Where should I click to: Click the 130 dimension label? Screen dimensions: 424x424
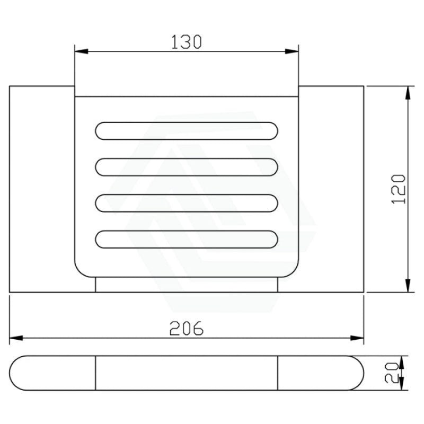click(x=187, y=42)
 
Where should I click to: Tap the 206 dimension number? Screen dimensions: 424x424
click(x=187, y=328)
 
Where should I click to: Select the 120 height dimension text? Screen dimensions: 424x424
click(x=399, y=189)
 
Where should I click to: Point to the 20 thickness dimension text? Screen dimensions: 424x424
click(x=392, y=373)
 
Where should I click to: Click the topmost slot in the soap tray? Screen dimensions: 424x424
click(x=187, y=131)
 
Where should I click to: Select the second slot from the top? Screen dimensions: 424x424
click(x=187, y=167)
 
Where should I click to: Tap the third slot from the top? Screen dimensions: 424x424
click(x=187, y=203)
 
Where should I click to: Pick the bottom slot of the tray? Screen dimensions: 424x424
click(x=187, y=240)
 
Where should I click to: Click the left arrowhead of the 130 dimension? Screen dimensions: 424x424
click(x=82, y=51)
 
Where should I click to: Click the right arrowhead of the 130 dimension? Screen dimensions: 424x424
click(x=292, y=51)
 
